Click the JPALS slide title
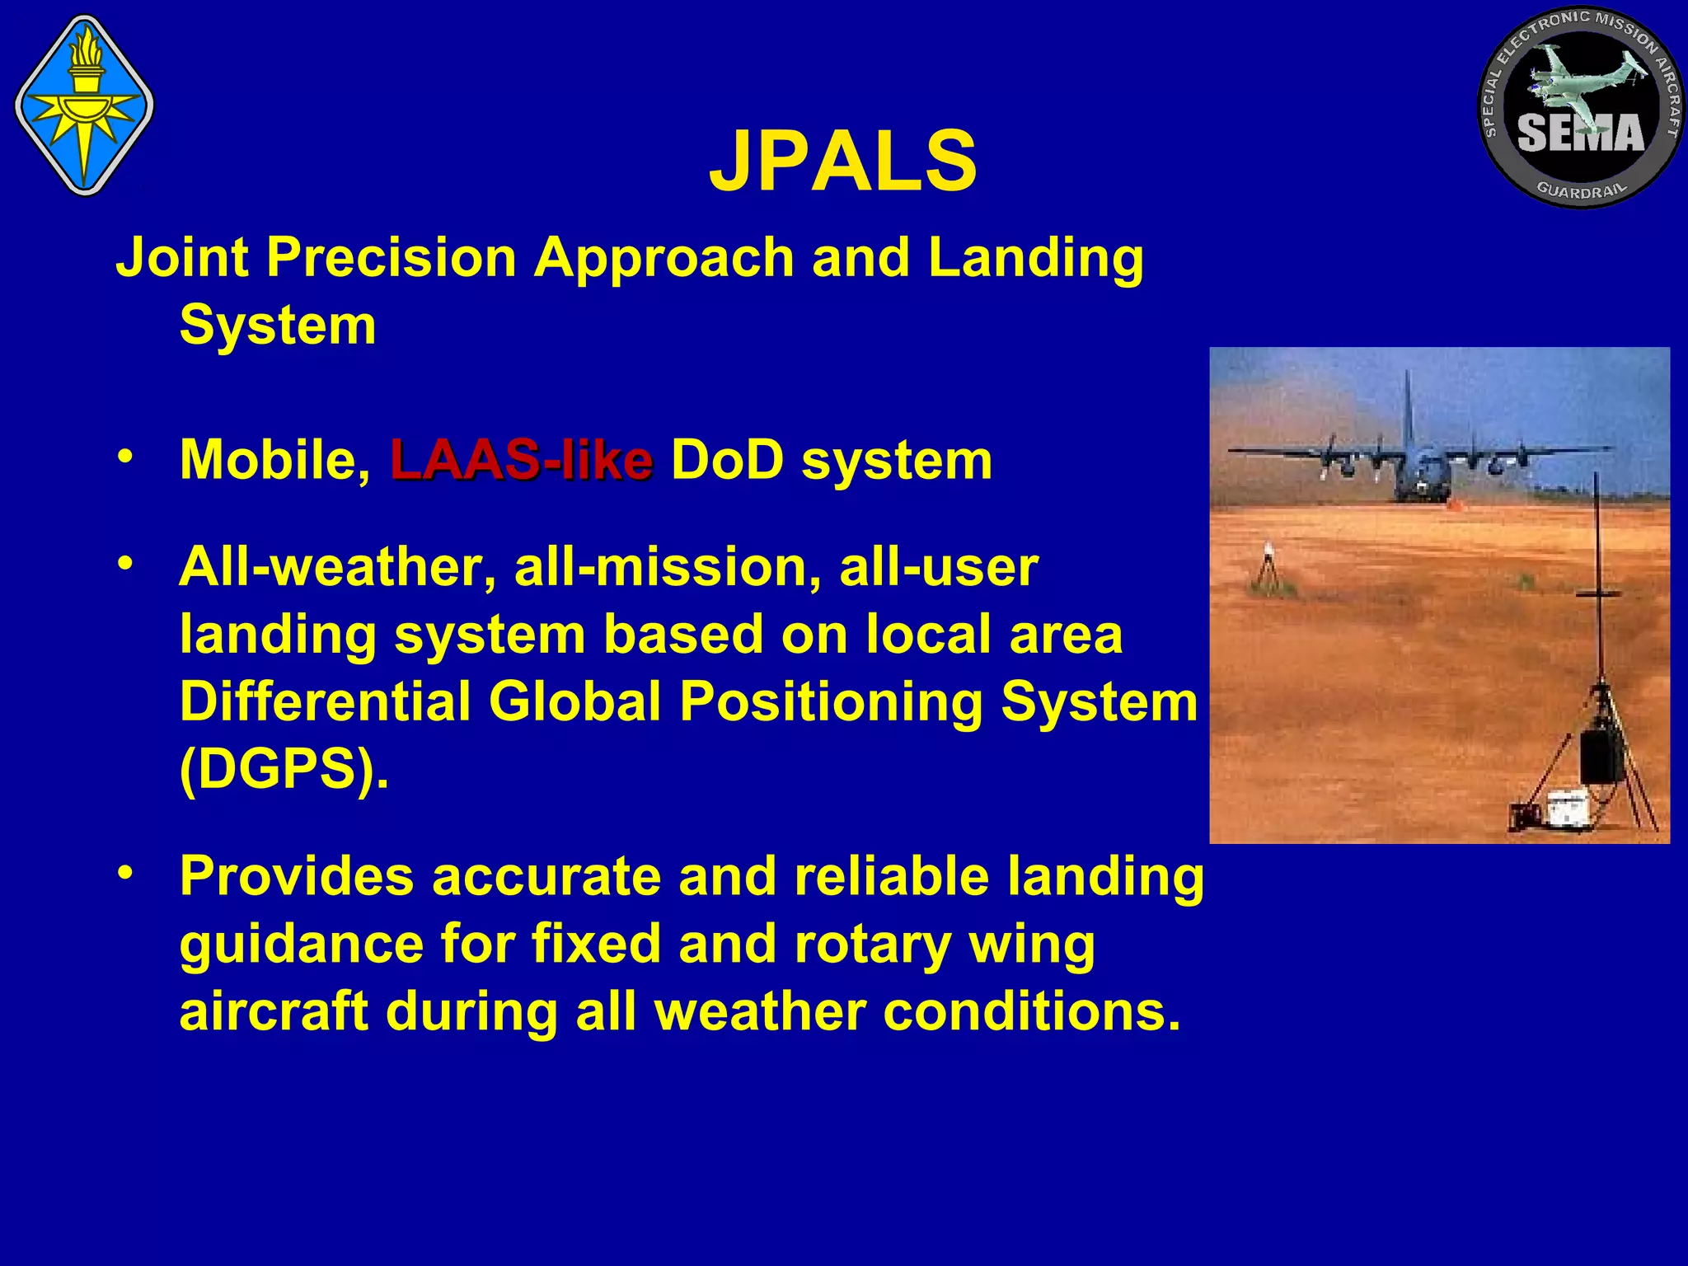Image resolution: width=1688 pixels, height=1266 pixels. coord(842,162)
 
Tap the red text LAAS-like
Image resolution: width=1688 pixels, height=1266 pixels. coord(521,460)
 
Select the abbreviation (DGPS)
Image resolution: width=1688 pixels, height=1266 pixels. coord(283,770)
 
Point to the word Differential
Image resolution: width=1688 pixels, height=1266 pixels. coord(325,702)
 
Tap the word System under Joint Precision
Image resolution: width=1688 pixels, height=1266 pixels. coord(278,326)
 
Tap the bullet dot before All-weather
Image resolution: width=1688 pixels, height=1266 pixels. coord(124,564)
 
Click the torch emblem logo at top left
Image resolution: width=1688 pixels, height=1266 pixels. coord(84,105)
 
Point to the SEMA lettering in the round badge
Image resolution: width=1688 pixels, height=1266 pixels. coord(1580,134)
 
